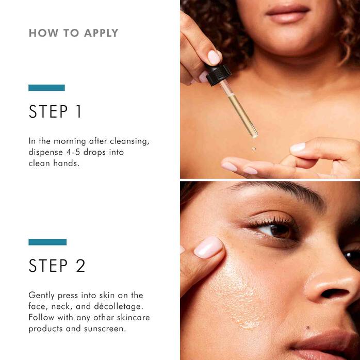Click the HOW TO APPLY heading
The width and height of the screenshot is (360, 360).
(73, 33)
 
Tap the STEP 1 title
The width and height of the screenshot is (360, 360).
(55, 112)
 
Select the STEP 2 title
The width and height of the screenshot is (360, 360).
(57, 266)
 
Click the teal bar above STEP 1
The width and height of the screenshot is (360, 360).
(46, 88)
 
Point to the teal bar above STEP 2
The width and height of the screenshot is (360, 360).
(47, 242)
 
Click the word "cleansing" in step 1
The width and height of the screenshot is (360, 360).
(130, 141)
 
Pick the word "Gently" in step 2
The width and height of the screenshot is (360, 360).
(41, 295)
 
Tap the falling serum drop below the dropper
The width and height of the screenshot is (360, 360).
(254, 149)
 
